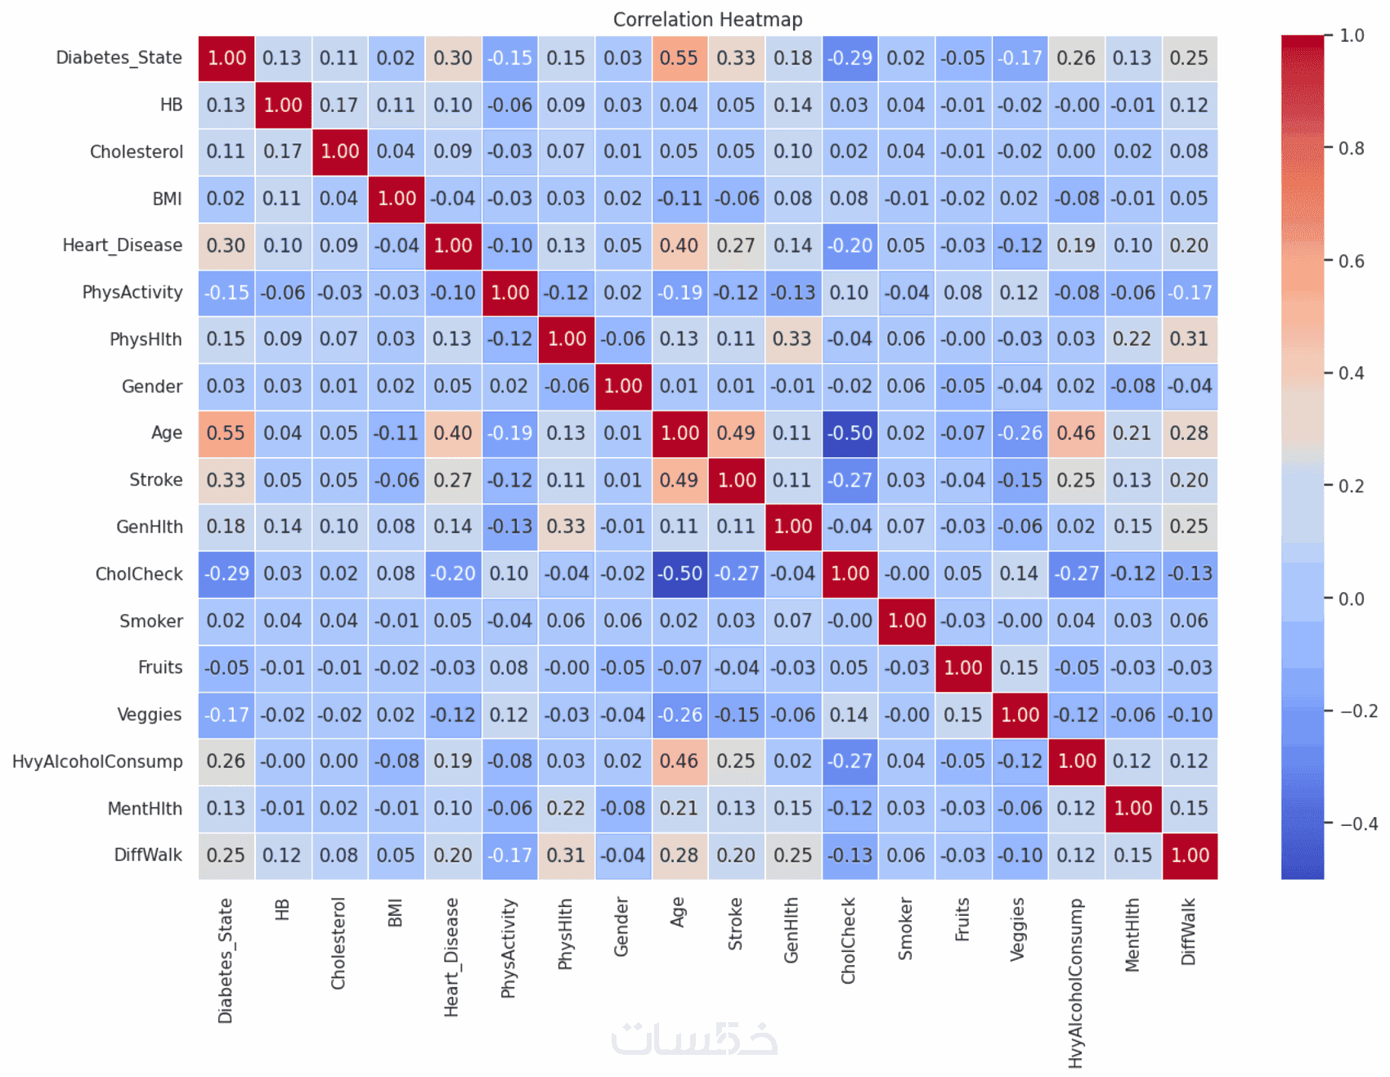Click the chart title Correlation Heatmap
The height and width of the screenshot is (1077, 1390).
click(707, 20)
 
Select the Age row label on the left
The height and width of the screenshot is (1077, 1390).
click(167, 433)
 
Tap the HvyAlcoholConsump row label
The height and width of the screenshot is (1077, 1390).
click(97, 762)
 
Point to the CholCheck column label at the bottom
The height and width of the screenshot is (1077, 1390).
click(849, 940)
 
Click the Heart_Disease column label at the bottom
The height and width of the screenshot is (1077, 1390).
click(452, 957)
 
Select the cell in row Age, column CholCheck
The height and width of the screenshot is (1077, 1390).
click(850, 433)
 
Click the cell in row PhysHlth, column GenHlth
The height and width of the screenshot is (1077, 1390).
click(792, 339)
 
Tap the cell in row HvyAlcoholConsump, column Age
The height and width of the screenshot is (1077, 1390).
click(679, 762)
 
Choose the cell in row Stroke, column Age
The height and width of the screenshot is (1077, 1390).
click(679, 480)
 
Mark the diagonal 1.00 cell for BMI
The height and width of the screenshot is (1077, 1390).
click(397, 199)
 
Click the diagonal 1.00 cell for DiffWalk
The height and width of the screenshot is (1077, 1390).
click(1190, 856)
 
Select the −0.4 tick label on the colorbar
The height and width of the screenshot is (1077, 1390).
click(1358, 824)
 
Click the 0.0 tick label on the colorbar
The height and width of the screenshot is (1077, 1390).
click(1351, 599)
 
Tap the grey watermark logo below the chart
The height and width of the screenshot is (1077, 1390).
click(694, 1039)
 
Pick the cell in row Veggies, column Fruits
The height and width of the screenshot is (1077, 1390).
click(963, 716)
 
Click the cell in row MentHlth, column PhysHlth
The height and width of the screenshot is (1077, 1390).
click(566, 809)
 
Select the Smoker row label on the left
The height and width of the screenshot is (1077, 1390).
click(151, 622)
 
